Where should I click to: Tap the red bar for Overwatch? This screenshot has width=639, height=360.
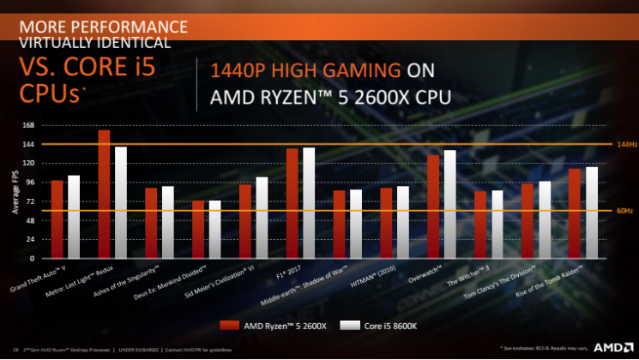coord(433,207)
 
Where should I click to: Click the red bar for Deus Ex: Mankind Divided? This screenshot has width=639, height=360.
coord(197,229)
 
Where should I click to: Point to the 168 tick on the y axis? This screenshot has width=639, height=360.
coord(28,125)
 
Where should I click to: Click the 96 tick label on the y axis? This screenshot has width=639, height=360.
coord(30,183)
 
